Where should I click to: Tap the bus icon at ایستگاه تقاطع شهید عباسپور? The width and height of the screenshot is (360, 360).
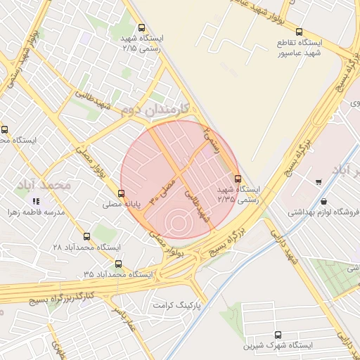(300, 32)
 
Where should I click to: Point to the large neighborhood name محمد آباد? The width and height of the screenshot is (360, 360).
(47, 185)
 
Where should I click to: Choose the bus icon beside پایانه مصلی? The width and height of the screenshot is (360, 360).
(122, 193)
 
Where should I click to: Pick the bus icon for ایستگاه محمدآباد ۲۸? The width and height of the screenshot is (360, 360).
(87, 237)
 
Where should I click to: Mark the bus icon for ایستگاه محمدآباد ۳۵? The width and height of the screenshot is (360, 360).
(118, 264)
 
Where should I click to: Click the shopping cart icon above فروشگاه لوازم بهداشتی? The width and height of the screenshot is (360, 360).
(319, 182)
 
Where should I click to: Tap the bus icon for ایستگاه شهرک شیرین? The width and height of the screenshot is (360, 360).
(278, 335)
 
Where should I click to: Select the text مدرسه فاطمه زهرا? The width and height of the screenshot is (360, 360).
(36, 212)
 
